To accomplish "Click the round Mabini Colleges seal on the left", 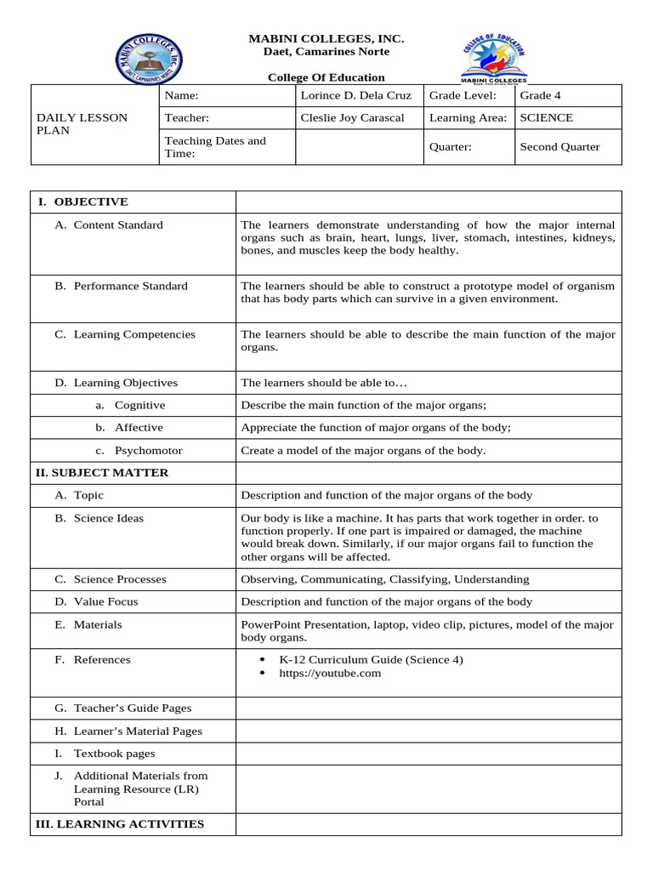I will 149,59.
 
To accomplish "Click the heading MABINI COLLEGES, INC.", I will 326,39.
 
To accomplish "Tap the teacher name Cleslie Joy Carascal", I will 352,118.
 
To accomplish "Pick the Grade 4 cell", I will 540,95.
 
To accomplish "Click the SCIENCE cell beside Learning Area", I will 546,118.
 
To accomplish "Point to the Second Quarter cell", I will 559,146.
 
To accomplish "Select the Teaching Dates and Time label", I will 214,147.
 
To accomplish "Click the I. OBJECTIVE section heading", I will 82,202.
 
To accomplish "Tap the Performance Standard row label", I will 130,286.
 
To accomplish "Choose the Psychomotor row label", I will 148,450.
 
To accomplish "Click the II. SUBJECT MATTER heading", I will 101,472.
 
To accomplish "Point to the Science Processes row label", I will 120,579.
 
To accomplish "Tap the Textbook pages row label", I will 114,753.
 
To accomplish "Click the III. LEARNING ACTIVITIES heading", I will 119,823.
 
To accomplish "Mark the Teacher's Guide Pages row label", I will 132,708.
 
